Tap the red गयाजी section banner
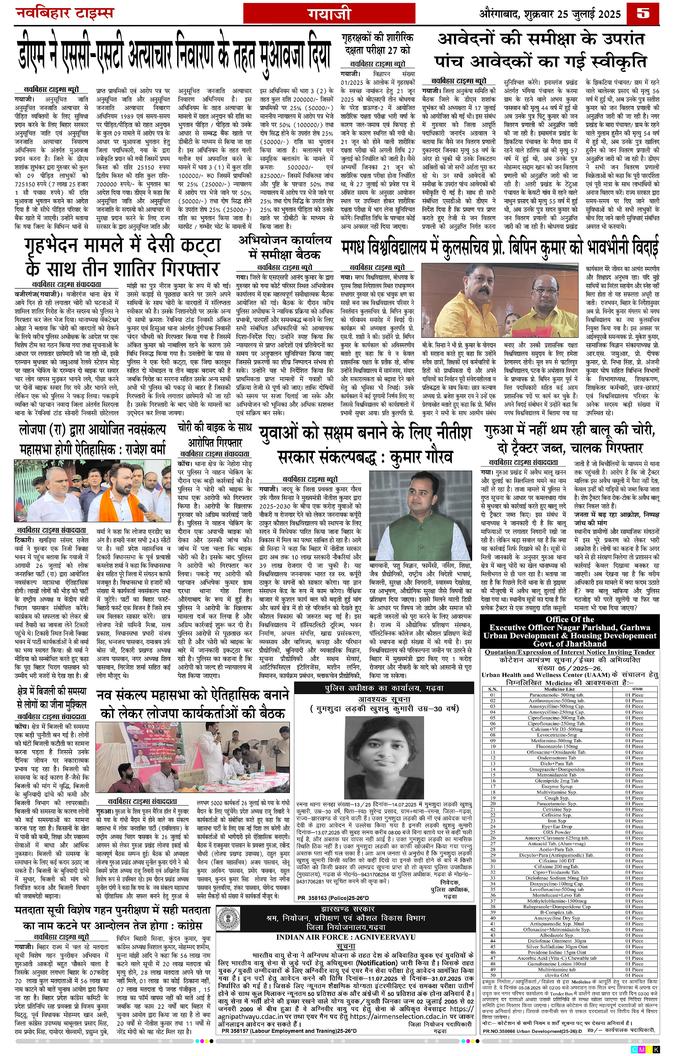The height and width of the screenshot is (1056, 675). click(329, 15)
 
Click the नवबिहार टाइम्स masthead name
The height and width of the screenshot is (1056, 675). click(64, 13)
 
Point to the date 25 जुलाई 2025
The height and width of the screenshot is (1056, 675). click(583, 14)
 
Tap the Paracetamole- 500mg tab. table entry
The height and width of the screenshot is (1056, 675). click(557, 695)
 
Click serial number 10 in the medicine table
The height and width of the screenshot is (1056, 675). click(493, 746)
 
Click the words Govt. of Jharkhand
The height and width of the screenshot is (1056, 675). click(569, 643)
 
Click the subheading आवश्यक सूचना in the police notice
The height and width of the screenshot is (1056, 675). click(384, 699)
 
